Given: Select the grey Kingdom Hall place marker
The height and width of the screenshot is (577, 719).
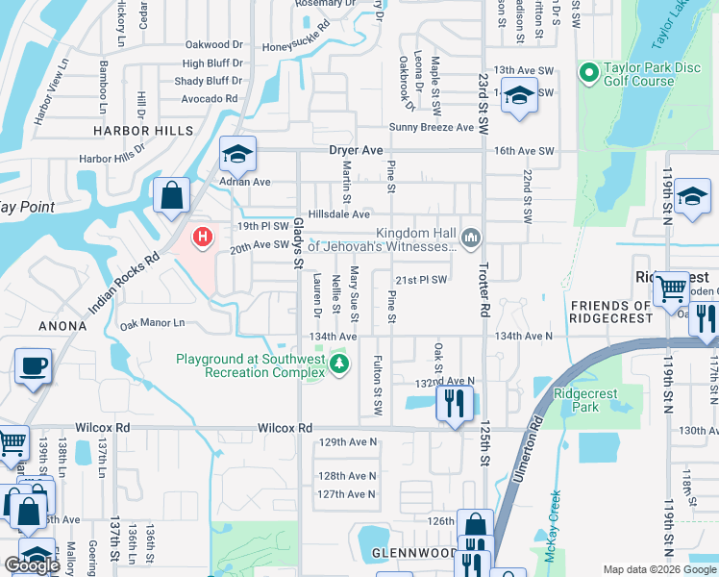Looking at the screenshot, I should pos(470,237).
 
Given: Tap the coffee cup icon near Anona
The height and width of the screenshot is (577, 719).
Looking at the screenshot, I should pos(34,366).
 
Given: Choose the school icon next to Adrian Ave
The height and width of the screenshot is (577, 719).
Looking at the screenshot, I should pos(237,154).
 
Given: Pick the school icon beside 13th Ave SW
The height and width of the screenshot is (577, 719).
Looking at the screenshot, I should pos(519,97).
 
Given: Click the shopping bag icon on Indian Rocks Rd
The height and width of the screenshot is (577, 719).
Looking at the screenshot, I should pos(171,195).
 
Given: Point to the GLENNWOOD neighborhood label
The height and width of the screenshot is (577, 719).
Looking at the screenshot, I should pos(415,554).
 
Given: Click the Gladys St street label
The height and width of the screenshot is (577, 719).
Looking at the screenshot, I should pos(298,242).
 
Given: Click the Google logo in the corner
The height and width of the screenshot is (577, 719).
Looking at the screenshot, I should pos(32,566).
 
